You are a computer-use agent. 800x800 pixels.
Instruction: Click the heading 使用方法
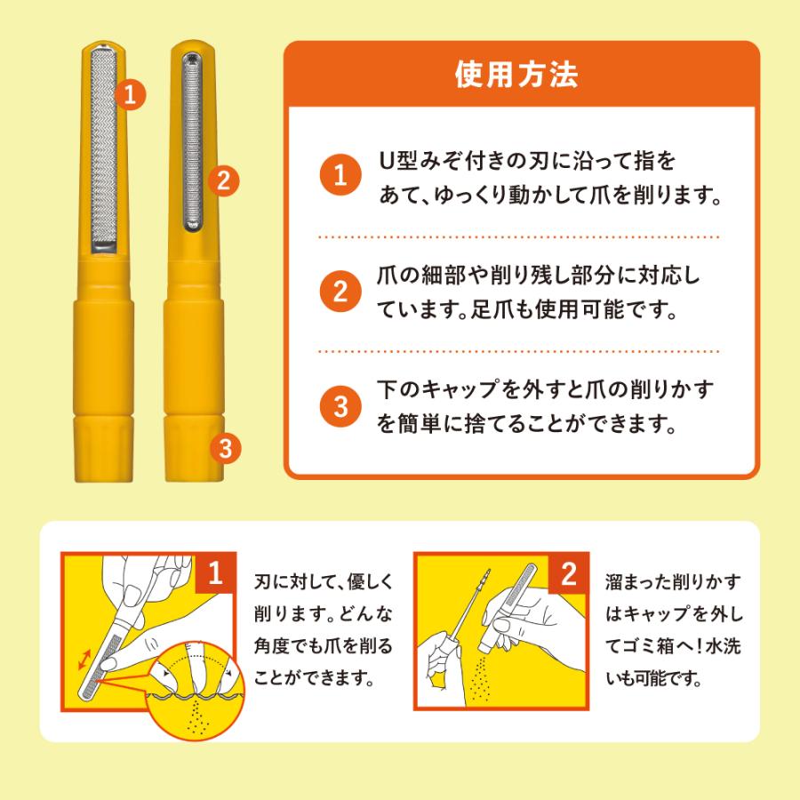[516, 75]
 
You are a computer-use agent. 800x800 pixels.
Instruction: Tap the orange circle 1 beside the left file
[130, 95]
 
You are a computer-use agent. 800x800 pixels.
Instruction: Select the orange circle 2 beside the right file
[223, 180]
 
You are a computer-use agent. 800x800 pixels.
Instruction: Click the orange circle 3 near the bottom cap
[226, 449]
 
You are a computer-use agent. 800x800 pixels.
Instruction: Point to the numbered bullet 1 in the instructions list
[340, 175]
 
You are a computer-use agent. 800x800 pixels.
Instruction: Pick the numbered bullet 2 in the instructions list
[340, 292]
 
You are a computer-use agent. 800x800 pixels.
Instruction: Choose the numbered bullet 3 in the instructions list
[340, 406]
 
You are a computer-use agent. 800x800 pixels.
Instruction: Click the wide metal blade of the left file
[104, 149]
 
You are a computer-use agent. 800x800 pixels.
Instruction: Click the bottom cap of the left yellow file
[104, 449]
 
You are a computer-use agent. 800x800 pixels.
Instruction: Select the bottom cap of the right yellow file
[194, 449]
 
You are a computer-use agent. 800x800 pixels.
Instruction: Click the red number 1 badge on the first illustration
[215, 573]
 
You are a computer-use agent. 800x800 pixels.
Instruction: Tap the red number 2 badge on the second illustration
[568, 573]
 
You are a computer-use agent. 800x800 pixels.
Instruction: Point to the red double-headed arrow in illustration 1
[84, 660]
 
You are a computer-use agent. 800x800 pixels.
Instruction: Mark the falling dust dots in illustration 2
[479, 678]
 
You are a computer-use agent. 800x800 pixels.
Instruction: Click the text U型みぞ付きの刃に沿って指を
[527, 161]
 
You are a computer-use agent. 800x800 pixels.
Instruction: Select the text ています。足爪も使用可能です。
[526, 308]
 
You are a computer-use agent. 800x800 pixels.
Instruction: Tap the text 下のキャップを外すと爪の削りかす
[545, 389]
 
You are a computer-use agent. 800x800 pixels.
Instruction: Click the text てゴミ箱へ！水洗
[673, 646]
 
